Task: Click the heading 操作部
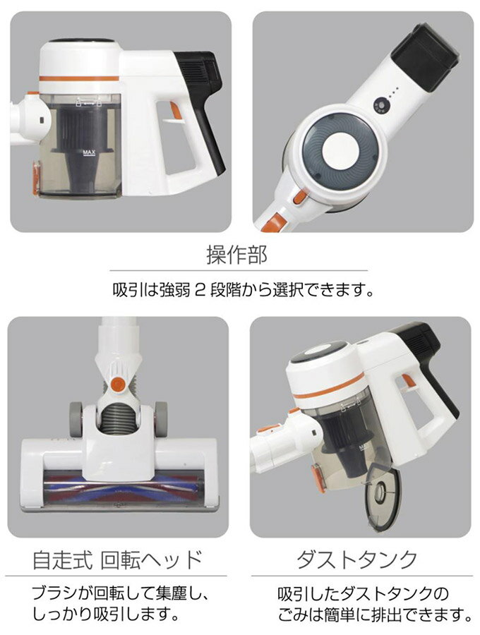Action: tap(236, 255)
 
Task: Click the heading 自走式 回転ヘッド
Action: tap(117, 560)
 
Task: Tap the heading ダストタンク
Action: tap(357, 560)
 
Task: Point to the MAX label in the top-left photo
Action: tap(88, 152)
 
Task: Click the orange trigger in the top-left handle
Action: tap(176, 111)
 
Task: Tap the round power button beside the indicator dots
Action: tap(380, 105)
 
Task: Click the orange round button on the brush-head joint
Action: tap(118, 385)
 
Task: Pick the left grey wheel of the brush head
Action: tap(76, 418)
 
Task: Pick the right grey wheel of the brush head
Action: tap(161, 418)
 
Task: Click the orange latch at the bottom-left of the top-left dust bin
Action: tap(35, 179)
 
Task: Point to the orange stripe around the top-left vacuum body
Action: tap(79, 78)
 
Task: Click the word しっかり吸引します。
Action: tap(106, 614)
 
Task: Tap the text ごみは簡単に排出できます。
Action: tap(375, 615)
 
